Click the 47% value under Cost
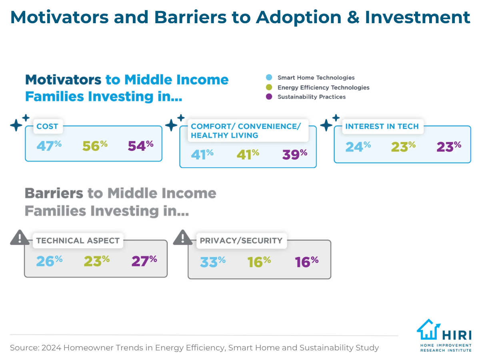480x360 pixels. pyautogui.click(x=49, y=146)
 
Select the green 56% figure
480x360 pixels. pyautogui.click(x=95, y=146)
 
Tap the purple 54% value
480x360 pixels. pyautogui.click(x=141, y=146)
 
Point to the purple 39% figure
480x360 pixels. pyautogui.click(x=294, y=154)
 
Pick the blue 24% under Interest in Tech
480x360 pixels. pyautogui.click(x=358, y=147)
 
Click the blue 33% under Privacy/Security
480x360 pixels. pyautogui.click(x=212, y=262)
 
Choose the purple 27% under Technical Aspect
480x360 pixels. pyautogui.click(x=144, y=261)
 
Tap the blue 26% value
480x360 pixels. pyautogui.click(x=49, y=261)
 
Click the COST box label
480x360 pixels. pyautogui.click(x=47, y=126)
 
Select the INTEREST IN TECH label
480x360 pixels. pyautogui.click(x=382, y=126)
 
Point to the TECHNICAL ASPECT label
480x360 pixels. pyautogui.click(x=78, y=241)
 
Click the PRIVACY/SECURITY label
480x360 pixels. pyautogui.click(x=241, y=241)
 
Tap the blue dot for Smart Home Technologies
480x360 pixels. pyautogui.click(x=269, y=77)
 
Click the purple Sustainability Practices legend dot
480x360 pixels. pyautogui.click(x=269, y=97)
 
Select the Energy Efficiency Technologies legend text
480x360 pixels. pyautogui.click(x=323, y=88)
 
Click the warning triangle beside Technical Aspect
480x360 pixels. pyautogui.click(x=20, y=238)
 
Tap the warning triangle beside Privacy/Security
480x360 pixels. pyautogui.click(x=183, y=238)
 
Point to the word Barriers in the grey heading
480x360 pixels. pyautogui.click(x=54, y=193)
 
